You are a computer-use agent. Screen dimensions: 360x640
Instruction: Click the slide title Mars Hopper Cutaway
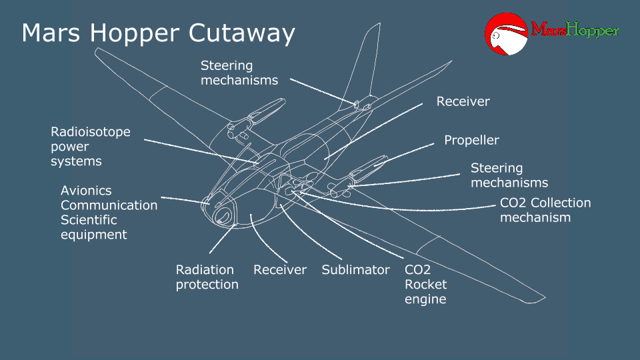click(158, 33)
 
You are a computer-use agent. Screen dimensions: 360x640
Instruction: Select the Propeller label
click(471, 140)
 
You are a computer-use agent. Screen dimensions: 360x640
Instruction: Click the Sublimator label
click(355, 270)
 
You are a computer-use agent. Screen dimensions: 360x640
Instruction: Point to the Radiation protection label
click(207, 277)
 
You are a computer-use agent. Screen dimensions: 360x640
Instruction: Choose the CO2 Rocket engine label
click(425, 285)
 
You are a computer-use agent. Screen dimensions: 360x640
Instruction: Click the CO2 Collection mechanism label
click(545, 210)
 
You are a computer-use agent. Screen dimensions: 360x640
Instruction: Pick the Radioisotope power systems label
click(91, 147)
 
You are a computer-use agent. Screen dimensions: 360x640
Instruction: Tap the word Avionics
click(86, 191)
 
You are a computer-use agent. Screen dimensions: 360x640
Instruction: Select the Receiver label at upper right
click(463, 101)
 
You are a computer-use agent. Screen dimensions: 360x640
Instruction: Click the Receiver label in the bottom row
click(280, 270)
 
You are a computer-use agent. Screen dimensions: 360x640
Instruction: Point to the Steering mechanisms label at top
click(239, 73)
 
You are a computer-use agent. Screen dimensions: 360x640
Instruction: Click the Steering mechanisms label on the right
click(509, 175)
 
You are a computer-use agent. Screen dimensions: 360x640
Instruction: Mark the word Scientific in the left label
click(89, 220)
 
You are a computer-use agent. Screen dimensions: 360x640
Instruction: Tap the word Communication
click(109, 205)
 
